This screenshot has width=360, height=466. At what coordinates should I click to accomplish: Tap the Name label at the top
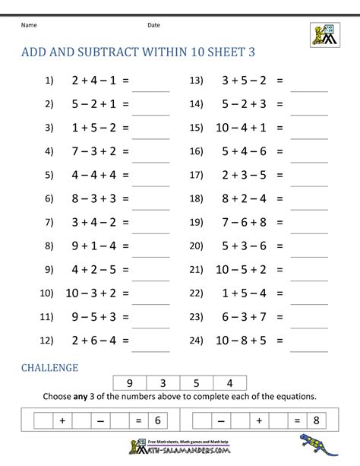point(29,25)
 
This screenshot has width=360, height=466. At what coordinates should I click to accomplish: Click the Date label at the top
point(153,25)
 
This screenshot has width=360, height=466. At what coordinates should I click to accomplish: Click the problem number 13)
point(198,80)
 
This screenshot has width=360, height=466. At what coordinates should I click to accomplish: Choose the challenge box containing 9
point(129,384)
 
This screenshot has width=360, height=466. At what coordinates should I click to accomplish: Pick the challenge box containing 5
point(197,384)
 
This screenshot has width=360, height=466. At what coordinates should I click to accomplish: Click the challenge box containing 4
point(230,384)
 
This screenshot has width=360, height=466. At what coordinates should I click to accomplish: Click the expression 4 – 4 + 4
point(92,175)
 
